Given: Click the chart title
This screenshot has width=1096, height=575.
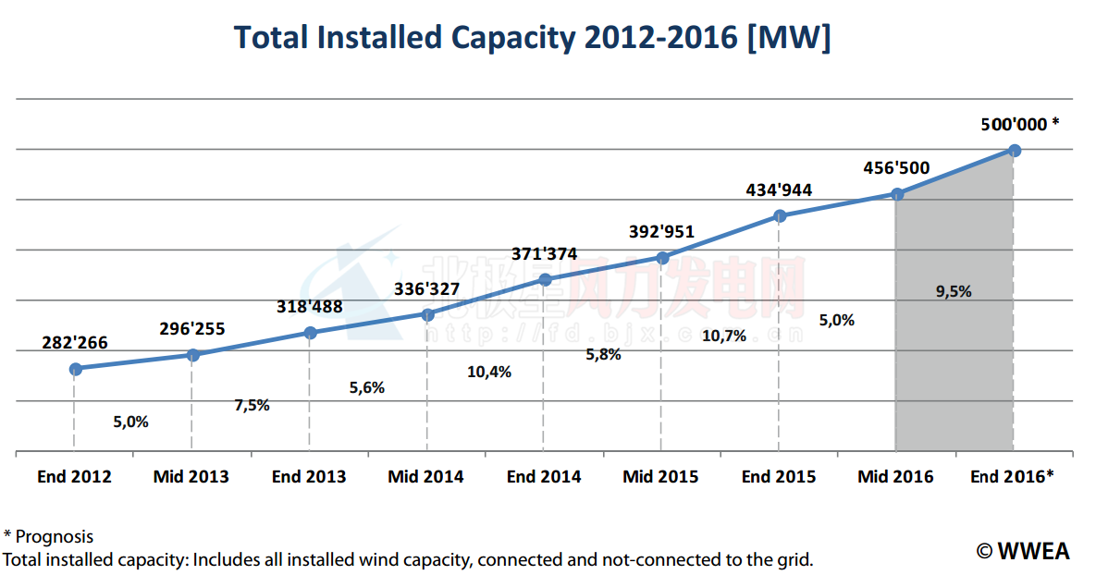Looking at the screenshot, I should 532,38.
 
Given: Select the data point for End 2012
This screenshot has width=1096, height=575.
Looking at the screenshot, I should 76,369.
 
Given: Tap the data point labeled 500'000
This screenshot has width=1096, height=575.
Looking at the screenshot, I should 1015,150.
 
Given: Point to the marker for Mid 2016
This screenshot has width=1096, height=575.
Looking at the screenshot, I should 897,194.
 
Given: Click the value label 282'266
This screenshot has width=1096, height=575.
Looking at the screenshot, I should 75,343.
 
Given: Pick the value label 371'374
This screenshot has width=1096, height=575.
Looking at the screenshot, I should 545,253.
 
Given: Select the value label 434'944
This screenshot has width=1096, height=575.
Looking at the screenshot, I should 779,190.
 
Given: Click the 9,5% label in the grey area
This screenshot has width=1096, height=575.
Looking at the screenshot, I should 954,291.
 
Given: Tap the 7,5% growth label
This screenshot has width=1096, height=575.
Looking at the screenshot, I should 251,405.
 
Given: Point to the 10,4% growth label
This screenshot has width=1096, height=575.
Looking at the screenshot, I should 490,372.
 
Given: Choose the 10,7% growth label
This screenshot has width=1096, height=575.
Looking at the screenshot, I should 724,336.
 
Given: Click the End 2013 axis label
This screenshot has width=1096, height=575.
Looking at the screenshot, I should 309,477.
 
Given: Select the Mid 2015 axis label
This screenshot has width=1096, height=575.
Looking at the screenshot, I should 660,477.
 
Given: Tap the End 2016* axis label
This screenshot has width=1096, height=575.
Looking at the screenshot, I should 1012,477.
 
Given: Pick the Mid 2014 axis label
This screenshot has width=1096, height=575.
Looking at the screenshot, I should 425,477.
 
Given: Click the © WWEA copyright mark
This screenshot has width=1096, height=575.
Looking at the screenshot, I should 1023,551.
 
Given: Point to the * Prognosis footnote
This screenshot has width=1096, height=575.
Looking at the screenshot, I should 48,536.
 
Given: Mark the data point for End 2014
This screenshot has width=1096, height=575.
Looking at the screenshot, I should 545,279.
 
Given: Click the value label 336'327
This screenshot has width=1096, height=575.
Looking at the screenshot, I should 427,289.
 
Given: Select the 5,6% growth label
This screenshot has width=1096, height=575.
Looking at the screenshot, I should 366,388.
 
